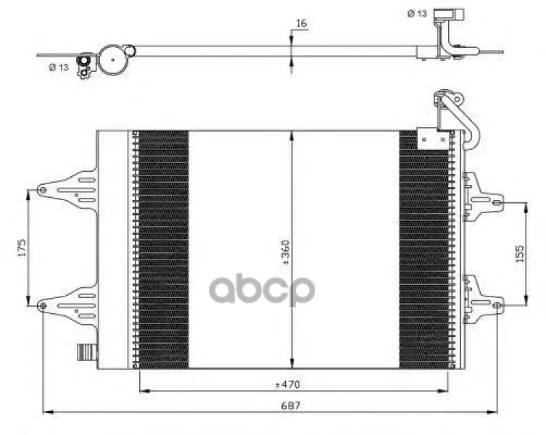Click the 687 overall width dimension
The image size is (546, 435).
(x=291, y=406)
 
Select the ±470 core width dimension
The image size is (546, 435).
(x=288, y=385)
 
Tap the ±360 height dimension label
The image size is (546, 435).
(x=285, y=252)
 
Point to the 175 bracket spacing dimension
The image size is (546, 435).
(x=22, y=248)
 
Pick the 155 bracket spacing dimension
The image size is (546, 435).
(x=519, y=254)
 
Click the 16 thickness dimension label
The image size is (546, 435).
(x=301, y=23)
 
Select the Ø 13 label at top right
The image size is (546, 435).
(x=417, y=14)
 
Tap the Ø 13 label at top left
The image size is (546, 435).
(x=59, y=67)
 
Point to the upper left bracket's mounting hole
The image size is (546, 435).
(x=43, y=190)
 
